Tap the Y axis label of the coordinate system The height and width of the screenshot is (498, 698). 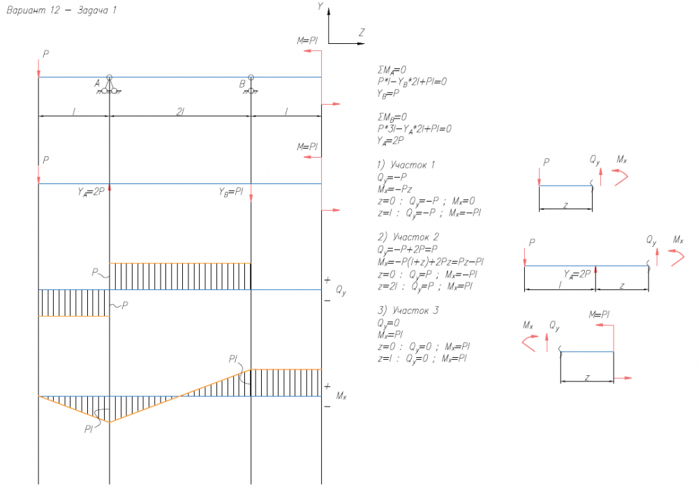tap(320, 6)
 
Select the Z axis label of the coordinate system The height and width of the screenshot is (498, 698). tap(362, 32)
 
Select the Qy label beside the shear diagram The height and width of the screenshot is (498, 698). tap(341, 290)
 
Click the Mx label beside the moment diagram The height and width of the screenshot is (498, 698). tap(341, 396)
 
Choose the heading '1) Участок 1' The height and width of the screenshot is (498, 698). tap(406, 165)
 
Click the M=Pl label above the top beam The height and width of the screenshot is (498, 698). tap(307, 41)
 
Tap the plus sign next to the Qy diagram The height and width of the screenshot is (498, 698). tap(327, 280)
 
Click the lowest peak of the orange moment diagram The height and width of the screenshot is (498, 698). tap(110, 422)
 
